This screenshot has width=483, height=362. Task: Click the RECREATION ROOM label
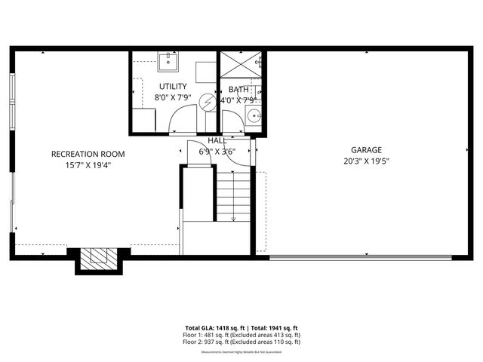(88, 154)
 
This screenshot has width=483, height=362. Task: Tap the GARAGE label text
(365, 149)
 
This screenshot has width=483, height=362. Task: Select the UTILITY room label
(173, 87)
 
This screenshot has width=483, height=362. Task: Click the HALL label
(217, 140)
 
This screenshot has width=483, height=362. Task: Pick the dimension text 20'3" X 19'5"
(365, 161)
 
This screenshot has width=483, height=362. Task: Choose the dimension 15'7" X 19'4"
(88, 165)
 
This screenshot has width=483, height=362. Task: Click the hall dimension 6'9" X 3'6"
(217, 151)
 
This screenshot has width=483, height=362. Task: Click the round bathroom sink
(254, 116)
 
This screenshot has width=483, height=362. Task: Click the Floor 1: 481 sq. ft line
(241, 335)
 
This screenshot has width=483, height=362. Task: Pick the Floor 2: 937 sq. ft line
(241, 342)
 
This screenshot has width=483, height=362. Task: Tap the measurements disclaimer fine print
(241, 350)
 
